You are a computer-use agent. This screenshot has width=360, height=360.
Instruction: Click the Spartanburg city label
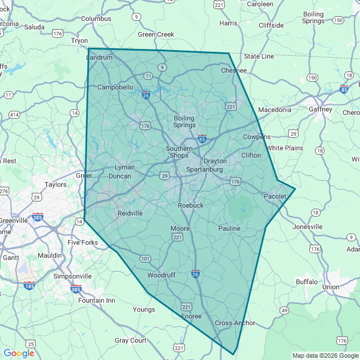pyautogui.click(x=205, y=169)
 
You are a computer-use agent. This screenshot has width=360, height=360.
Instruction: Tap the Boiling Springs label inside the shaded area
pyautogui.click(x=184, y=121)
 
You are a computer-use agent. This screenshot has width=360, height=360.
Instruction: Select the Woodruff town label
pyautogui.click(x=161, y=275)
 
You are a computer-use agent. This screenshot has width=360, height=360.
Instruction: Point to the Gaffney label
pyautogui.click(x=321, y=109)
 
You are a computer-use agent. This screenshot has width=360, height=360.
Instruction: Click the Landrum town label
pyautogui.click(x=100, y=57)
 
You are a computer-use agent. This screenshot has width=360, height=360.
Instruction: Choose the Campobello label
pyautogui.click(x=115, y=87)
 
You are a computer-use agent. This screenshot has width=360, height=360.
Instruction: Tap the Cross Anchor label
pyautogui.click(x=235, y=323)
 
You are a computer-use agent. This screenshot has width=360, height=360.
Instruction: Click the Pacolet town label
pyautogui.click(x=275, y=196)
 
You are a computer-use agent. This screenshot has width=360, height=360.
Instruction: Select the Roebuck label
pyautogui.click(x=191, y=205)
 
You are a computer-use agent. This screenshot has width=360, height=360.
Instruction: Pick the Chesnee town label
pyautogui.click(x=234, y=70)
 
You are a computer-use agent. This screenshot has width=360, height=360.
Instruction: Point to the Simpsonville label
pyautogui.click(x=72, y=276)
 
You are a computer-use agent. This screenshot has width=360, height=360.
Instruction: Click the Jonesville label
pyautogui.click(x=308, y=227)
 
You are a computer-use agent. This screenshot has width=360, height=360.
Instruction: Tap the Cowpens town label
pyautogui.click(x=256, y=137)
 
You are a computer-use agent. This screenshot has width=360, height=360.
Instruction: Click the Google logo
pyautogui.click(x=19, y=353)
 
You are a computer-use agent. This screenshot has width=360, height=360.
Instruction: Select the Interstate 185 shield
pyautogui.click(x=30, y=286)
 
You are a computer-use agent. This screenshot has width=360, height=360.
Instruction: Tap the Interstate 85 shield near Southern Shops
pyautogui.click(x=202, y=139)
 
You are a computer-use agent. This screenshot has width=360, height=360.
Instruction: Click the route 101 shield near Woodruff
pyautogui.click(x=145, y=259)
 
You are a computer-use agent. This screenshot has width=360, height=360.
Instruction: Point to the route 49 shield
pyautogui.click(x=285, y=310)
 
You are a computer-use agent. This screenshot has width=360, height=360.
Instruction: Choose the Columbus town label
pyautogui.click(x=96, y=19)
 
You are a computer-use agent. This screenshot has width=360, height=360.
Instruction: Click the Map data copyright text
pyautogui.click(x=325, y=355)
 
